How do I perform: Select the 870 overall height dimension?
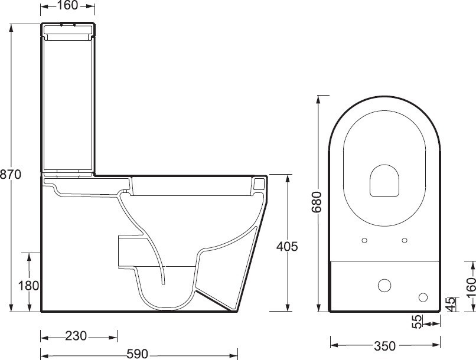tap(11, 174)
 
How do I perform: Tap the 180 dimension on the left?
tap(28, 286)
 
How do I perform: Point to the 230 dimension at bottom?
tap(76, 336)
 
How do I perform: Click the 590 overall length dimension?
tap(137, 354)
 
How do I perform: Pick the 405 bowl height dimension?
tap(287, 246)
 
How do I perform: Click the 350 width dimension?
tap(384, 345)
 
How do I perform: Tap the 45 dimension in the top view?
tap(450, 303)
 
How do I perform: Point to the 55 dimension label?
tap(418, 322)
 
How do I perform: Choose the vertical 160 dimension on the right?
tap(470, 289)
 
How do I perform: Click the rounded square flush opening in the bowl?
tap(384, 180)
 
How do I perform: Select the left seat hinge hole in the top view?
tap(364, 240)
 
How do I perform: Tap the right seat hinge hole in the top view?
tap(405, 240)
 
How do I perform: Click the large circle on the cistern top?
tap(384, 285)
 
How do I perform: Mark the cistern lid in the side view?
tap(69, 27)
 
